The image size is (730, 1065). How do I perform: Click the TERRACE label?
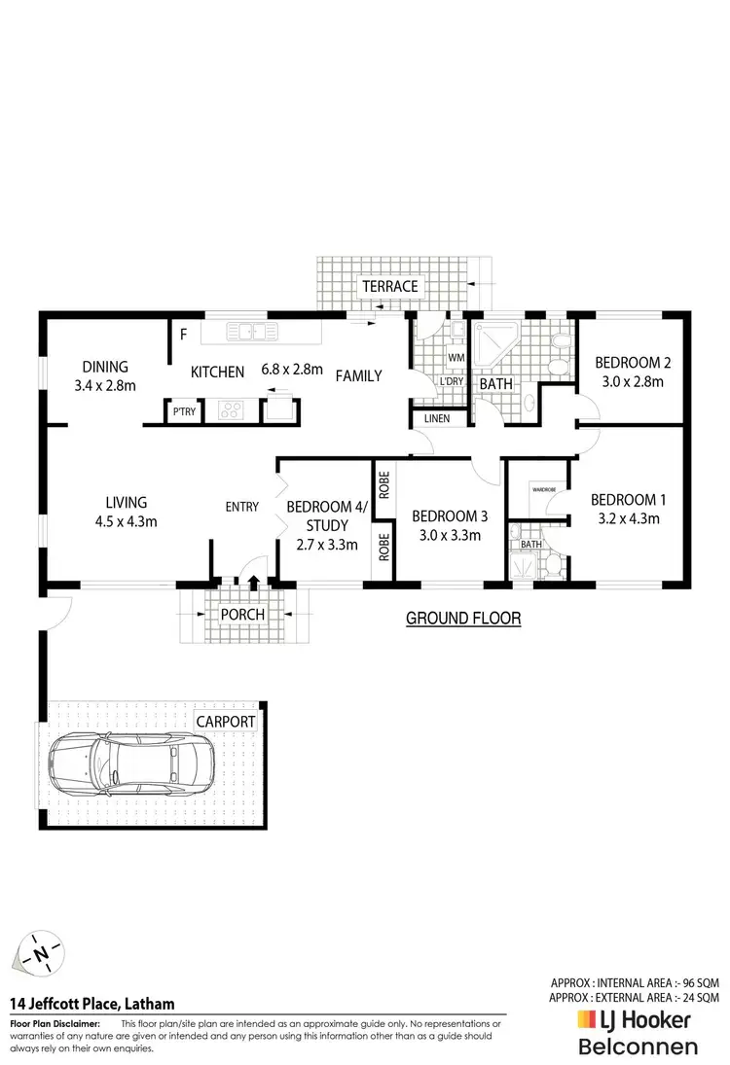point(390,286)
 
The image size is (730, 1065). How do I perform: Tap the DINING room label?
point(105,367)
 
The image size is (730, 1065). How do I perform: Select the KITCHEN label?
point(217,372)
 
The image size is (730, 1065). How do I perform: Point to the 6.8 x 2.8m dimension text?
point(291,369)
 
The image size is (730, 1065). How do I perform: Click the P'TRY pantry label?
point(184,411)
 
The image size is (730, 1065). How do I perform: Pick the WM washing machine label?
point(455,358)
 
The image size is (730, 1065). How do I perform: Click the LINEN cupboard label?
point(437,418)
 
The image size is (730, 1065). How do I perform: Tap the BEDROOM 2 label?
point(633,363)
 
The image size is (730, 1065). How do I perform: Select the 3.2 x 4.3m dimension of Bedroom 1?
point(629,518)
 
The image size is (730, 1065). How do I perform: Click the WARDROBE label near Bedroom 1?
point(543,488)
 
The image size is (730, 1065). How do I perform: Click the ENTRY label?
point(242,507)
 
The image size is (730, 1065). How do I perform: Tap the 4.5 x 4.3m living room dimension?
point(126,521)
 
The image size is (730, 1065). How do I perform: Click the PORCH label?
point(242,614)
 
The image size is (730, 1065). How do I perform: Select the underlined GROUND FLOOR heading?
point(462,618)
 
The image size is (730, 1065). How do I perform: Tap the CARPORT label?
point(226,722)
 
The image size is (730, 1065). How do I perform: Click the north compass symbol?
point(39,954)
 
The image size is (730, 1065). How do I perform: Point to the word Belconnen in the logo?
point(638,1047)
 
